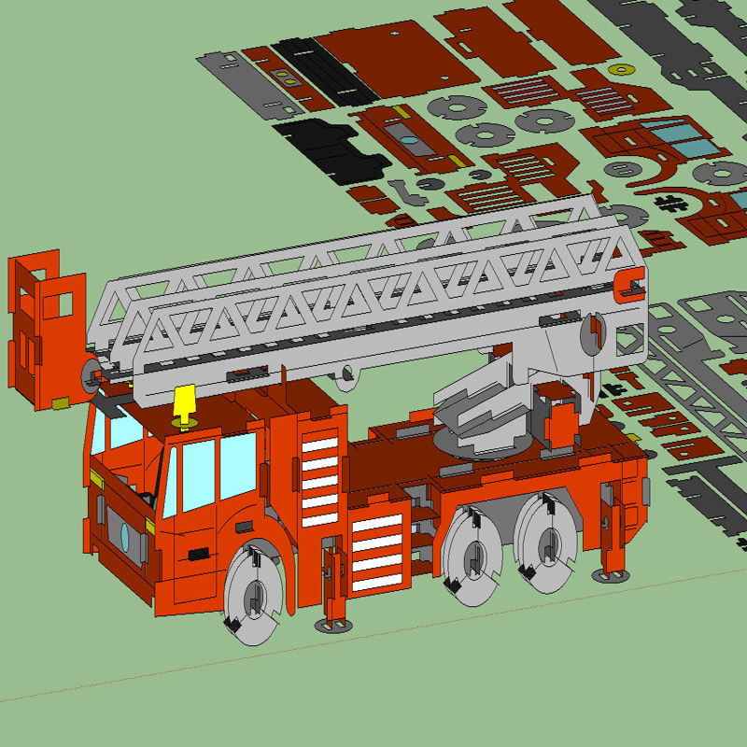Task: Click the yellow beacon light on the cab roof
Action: tap(185, 402)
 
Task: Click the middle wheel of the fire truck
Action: tap(472, 559)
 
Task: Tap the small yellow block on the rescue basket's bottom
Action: tap(61, 402)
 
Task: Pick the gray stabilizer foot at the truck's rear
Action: tap(612, 576)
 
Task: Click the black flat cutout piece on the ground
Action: tap(331, 147)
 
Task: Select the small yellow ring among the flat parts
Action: tap(622, 67)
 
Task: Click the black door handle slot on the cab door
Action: tap(200, 555)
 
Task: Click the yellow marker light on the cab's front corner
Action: tap(97, 480)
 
